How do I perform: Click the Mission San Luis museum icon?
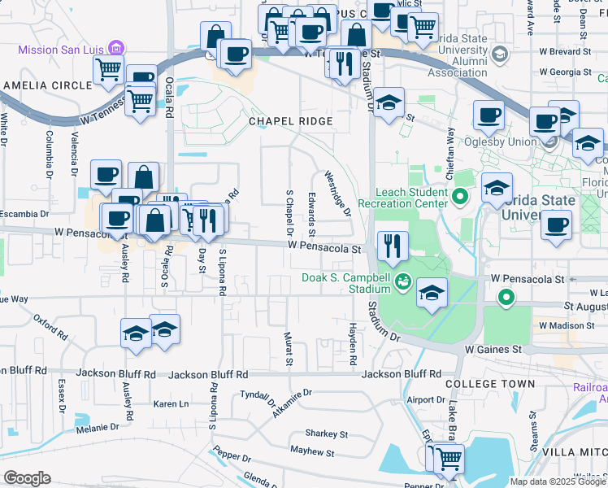(116, 48)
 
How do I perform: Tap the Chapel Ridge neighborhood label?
(291, 121)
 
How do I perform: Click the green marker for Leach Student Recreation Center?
(460, 196)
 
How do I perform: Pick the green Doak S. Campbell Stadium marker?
(402, 282)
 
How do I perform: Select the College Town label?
(491, 383)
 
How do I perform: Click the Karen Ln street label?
(172, 403)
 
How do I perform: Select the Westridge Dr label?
(337, 193)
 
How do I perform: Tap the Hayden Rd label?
(353, 343)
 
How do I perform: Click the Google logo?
(27, 478)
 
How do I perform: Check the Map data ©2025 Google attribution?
(557, 481)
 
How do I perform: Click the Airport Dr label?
(426, 400)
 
